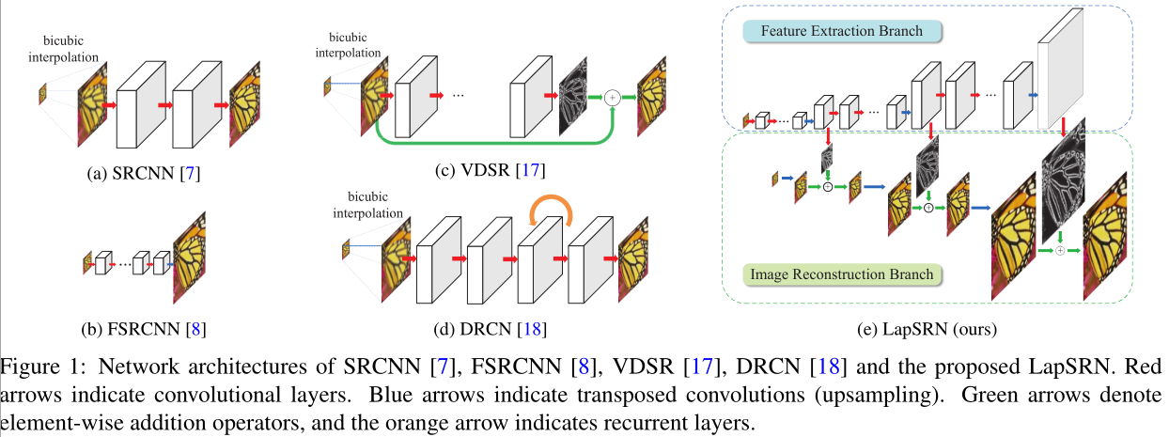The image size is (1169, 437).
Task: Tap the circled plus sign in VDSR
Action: [613, 97]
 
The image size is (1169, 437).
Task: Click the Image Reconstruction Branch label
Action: [841, 274]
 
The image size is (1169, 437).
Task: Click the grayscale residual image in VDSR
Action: [572, 97]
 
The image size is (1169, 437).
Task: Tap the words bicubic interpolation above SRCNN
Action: [69, 49]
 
